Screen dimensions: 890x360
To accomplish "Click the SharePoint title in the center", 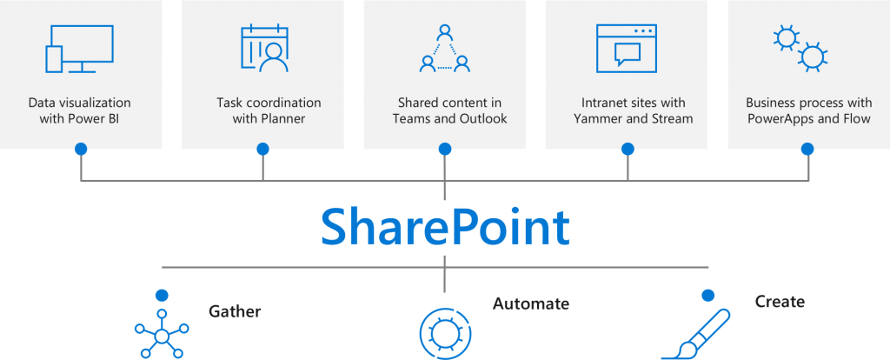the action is [445, 227].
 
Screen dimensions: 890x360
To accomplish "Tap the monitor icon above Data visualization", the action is [79, 49].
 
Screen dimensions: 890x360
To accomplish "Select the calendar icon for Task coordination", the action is [264, 49].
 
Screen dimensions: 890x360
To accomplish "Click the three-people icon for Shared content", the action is [445, 49].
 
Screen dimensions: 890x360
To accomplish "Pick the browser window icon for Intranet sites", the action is [626, 49].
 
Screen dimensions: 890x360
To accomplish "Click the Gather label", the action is [235, 311].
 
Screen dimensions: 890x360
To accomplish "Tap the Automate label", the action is [531, 303].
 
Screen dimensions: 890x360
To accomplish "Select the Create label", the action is [780, 301].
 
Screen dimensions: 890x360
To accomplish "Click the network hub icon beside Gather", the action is [162, 334].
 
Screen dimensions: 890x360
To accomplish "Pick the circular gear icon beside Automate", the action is [445, 331].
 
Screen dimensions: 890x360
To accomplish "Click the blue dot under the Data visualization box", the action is [81, 149].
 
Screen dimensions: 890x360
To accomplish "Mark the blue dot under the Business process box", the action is [807, 149].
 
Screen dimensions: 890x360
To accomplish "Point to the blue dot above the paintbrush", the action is [707, 296].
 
